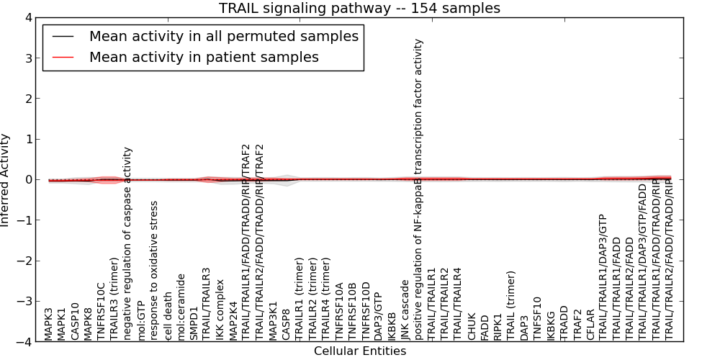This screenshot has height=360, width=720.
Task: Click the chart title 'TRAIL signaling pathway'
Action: click(359, 8)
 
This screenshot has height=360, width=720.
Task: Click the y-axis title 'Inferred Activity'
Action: click(6, 180)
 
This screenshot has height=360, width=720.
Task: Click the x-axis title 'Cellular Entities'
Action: click(360, 351)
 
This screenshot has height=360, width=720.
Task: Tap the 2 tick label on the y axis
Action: click(27, 99)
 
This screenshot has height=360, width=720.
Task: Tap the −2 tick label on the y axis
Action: click(24, 261)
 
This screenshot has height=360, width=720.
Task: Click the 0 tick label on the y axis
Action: click(27, 180)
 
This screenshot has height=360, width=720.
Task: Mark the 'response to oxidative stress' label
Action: click(154, 270)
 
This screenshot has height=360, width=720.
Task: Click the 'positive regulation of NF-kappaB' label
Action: click(419, 189)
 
